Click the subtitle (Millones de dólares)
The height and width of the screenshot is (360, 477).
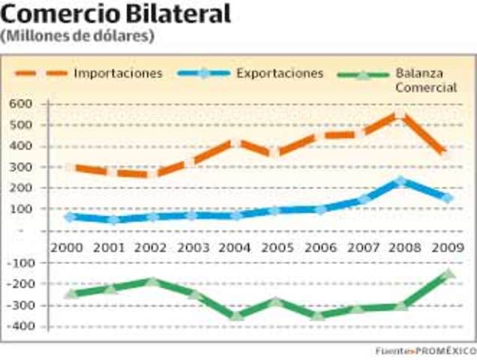pyautogui.click(x=78, y=35)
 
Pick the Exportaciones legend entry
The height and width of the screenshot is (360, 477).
pyautogui.click(x=279, y=73)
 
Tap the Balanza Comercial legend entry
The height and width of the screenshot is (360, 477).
pyautogui.click(x=424, y=80)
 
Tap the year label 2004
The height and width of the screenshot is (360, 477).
pyautogui.click(x=235, y=246)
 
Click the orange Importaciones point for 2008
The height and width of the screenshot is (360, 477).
pyautogui.click(x=400, y=115)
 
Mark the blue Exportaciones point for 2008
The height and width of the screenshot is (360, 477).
pyautogui.click(x=400, y=181)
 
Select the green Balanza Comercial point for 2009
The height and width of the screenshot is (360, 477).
pyautogui.click(x=448, y=274)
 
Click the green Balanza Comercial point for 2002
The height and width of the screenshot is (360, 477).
pyautogui.click(x=153, y=282)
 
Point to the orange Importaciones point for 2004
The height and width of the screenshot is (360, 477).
pyautogui.click(x=235, y=142)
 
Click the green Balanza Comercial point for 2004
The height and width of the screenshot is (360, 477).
pyautogui.click(x=235, y=316)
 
